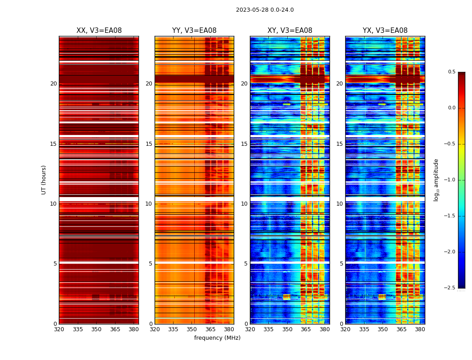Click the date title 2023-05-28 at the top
click(265, 10)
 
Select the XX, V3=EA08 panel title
click(99, 31)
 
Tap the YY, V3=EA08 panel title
click(194, 31)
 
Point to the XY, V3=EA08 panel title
click(290, 31)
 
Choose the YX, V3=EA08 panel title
click(385, 31)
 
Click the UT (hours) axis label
click(44, 180)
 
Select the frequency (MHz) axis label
click(217, 338)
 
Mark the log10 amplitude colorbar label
click(436, 180)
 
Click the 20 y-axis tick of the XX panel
click(53, 84)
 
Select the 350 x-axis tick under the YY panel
click(192, 329)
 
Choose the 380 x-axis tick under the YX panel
click(420, 329)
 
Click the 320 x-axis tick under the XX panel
click(59, 329)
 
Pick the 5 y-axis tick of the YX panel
click(342, 264)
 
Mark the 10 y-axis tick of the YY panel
click(149, 204)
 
